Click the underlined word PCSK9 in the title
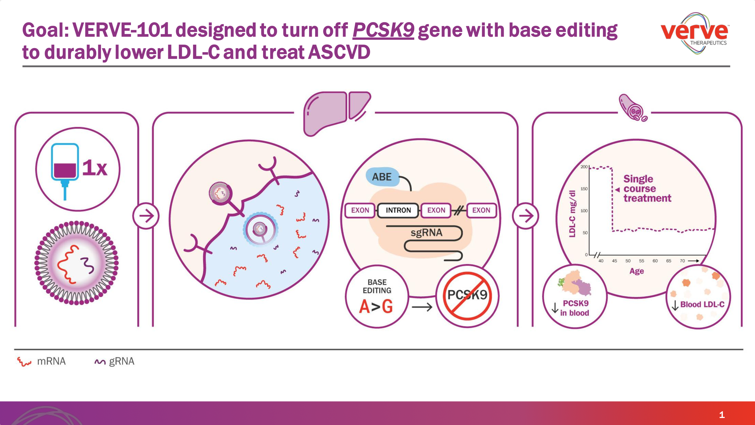[383, 30]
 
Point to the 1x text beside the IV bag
[95, 168]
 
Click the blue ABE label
[382, 177]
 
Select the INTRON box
[398, 210]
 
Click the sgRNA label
[426, 233]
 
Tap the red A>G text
[376, 307]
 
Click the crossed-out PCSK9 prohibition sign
[467, 296]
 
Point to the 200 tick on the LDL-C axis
[584, 167]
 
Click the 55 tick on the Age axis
[641, 261]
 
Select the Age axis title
[637, 271]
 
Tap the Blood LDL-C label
[702, 304]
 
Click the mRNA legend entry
[51, 361]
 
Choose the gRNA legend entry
[121, 361]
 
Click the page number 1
[722, 415]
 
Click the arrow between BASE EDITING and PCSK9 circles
[422, 307]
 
